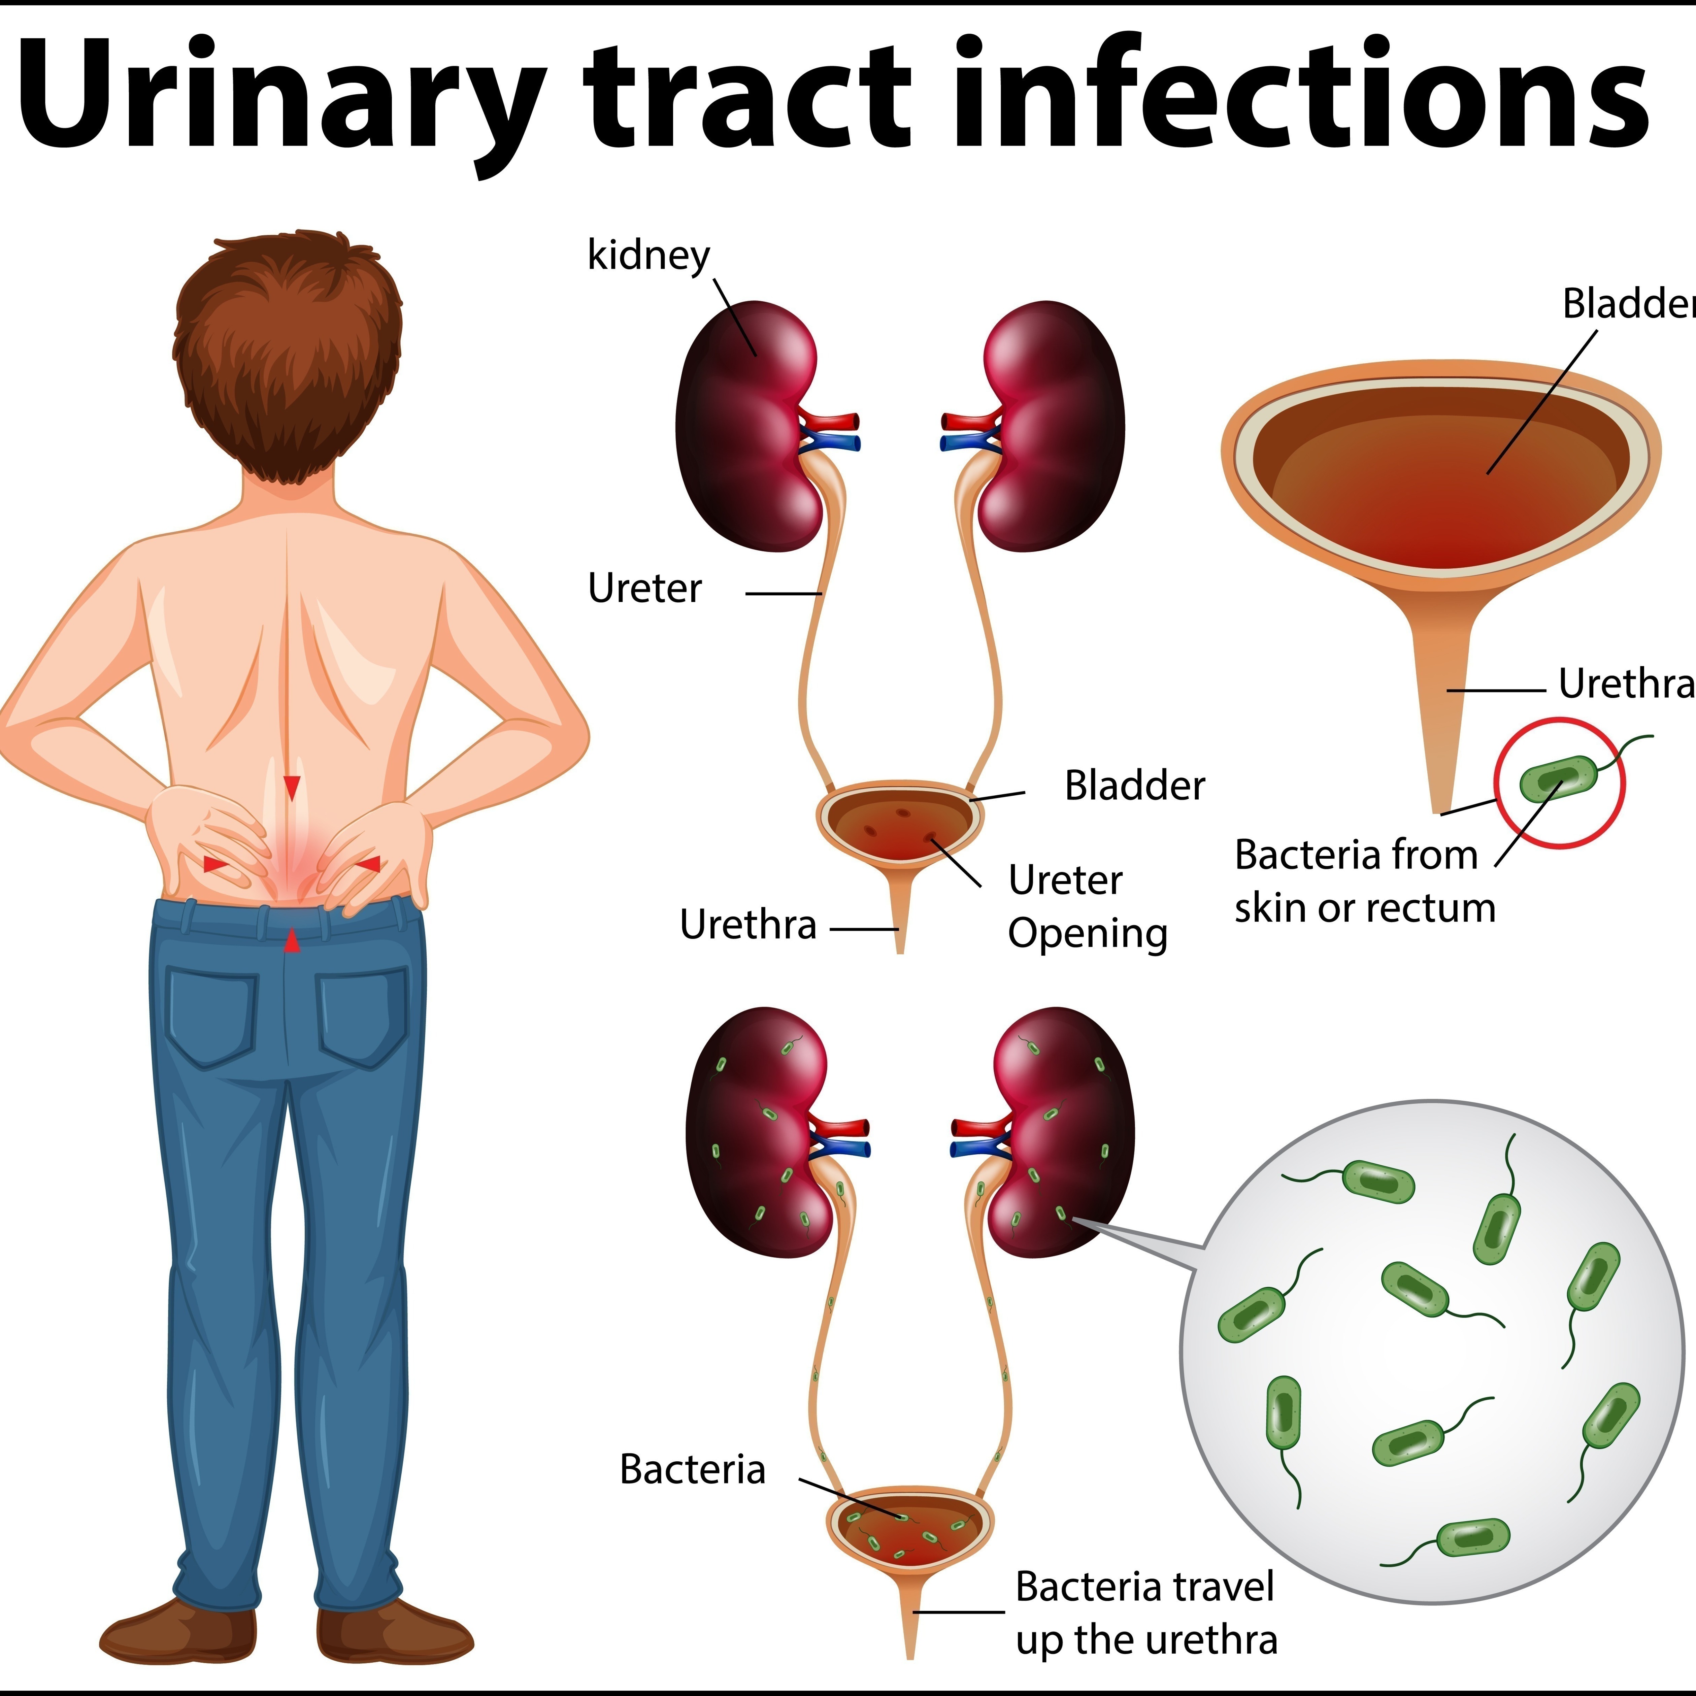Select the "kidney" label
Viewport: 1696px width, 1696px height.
[x=648, y=256]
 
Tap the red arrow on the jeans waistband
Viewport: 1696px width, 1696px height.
[x=292, y=942]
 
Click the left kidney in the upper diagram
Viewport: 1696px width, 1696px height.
[x=746, y=426]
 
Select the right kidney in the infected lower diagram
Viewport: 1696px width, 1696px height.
[x=1058, y=1132]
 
